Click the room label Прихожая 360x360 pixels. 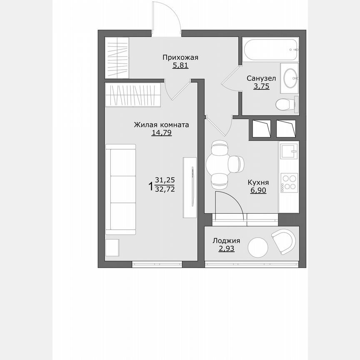(180, 57)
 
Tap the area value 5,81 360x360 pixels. (180, 65)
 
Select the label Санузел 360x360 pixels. (261, 78)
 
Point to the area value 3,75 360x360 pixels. (261, 86)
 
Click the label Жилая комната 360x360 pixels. (162, 125)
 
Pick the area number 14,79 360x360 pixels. (162, 132)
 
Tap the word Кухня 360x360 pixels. (258, 182)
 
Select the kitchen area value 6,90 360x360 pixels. (258, 190)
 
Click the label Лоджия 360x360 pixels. (226, 240)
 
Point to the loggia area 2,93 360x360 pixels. (226, 248)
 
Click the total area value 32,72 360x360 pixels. (165, 188)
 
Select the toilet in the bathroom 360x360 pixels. (285, 104)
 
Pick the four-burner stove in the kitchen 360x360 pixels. (288, 182)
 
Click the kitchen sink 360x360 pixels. (288, 151)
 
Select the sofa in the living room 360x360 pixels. (121, 187)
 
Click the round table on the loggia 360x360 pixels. (258, 248)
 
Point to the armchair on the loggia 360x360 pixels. (284, 241)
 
